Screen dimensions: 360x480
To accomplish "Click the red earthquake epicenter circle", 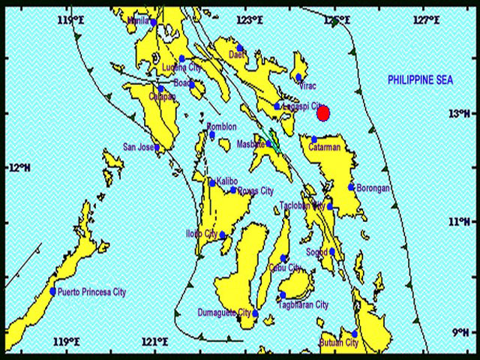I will pyautogui.click(x=323, y=113).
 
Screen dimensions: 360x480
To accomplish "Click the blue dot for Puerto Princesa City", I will pyautogui.click(x=52, y=291).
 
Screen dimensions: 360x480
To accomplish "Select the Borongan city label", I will pyautogui.click(x=373, y=188).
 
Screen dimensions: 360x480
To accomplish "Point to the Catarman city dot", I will pyautogui.click(x=315, y=139).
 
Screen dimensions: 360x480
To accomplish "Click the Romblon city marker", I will pyautogui.click(x=212, y=136).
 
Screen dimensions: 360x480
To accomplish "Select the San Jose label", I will pyautogui.click(x=139, y=146).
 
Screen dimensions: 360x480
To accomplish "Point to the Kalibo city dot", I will pyautogui.click(x=212, y=183).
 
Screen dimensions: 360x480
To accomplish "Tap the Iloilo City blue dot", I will pyautogui.click(x=223, y=235).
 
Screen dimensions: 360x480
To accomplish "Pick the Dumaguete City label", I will pyautogui.click(x=224, y=312).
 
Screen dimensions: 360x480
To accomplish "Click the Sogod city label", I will pyautogui.click(x=316, y=252).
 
